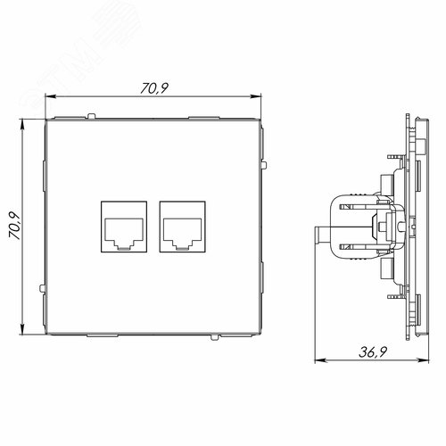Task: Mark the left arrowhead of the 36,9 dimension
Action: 319,358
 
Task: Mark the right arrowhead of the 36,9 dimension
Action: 422,358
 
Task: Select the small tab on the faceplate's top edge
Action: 92,114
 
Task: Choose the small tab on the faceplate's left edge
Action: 42,286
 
